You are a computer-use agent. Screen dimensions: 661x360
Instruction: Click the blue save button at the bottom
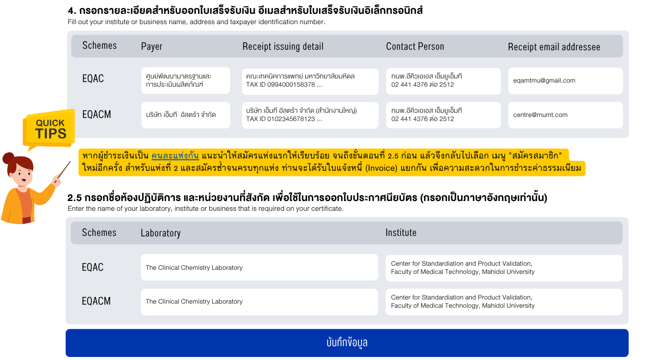pyautogui.click(x=347, y=343)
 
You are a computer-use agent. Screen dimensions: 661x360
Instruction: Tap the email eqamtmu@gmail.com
pyautogui.click(x=544, y=81)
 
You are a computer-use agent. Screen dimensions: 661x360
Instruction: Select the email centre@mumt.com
pyautogui.click(x=540, y=115)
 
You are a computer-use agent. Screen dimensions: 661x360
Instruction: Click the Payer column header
pyautogui.click(x=152, y=46)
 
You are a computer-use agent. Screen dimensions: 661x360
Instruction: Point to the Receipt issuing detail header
pyautogui.click(x=283, y=46)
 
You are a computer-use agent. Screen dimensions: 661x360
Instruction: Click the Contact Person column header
pyautogui.click(x=415, y=46)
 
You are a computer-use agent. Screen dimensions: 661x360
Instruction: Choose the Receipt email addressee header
pyautogui.click(x=554, y=47)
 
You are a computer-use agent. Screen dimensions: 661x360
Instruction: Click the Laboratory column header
pyautogui.click(x=161, y=233)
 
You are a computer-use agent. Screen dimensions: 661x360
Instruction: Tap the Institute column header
pyautogui.click(x=400, y=232)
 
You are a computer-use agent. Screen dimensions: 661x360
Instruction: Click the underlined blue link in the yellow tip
pyautogui.click(x=175, y=156)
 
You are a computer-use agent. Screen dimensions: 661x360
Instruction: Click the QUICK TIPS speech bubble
pyautogui.click(x=49, y=129)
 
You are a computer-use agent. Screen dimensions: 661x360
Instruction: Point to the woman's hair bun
pyautogui.click(x=8, y=158)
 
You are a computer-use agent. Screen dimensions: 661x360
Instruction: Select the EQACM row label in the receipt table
pyautogui.click(x=96, y=114)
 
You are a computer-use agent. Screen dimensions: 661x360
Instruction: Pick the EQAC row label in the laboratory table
pyautogui.click(x=92, y=267)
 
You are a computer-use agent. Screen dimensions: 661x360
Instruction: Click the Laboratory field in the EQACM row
pyautogui.click(x=259, y=302)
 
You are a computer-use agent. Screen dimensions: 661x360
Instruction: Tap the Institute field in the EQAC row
pyautogui.click(x=504, y=268)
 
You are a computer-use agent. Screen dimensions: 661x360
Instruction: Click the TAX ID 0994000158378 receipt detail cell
pyautogui.click(x=310, y=82)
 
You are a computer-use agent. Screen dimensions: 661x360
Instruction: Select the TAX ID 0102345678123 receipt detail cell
pyautogui.click(x=310, y=115)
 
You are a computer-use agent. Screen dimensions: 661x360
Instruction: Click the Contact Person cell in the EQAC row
pyautogui.click(x=443, y=81)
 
